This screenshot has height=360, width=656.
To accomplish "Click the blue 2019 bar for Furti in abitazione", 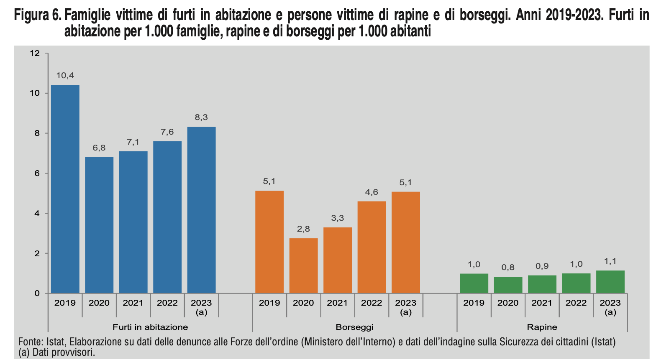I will [65, 189].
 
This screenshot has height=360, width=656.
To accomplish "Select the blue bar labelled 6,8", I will [99, 225].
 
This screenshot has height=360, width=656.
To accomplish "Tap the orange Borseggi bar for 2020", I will [303, 266].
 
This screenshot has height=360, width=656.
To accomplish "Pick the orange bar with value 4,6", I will [372, 247].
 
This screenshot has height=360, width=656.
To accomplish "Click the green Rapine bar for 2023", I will [610, 282].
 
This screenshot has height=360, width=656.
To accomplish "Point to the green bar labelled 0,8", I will [508, 285].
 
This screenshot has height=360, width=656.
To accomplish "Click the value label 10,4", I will [65, 76].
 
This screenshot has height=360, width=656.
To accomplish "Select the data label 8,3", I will [201, 117].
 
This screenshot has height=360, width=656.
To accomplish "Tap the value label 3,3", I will [337, 218].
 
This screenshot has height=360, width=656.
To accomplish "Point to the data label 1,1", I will [610, 261].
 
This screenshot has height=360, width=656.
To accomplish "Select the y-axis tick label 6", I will [37, 173].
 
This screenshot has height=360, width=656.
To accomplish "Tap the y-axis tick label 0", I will [37, 294].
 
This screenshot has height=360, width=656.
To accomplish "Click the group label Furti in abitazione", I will [150, 327].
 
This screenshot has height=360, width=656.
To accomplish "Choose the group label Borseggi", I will [354, 327].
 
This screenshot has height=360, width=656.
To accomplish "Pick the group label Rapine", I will [542, 327].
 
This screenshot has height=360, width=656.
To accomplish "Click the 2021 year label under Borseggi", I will [337, 303].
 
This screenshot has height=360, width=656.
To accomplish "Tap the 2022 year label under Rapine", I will [576, 303].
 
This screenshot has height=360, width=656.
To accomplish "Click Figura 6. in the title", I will [38, 15].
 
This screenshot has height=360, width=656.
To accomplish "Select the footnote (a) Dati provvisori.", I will [57, 352].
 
